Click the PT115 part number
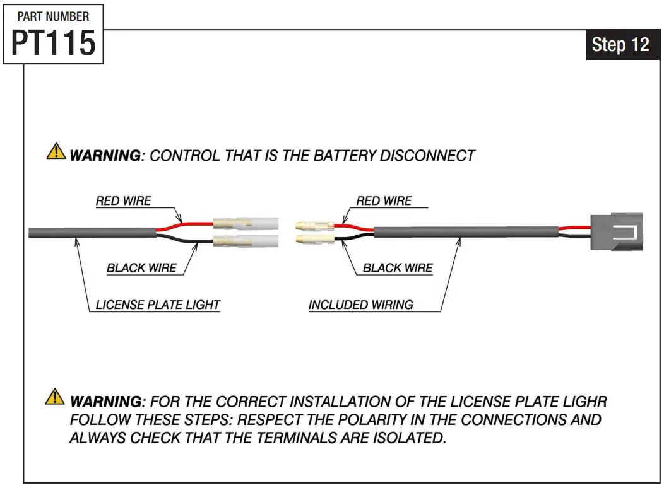click(54, 43)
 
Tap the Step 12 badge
click(620, 44)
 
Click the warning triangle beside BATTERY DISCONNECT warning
click(56, 151)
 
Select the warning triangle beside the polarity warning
click(55, 397)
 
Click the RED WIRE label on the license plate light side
click(123, 201)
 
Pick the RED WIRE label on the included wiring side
click(384, 201)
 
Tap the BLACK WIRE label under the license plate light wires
click(141, 268)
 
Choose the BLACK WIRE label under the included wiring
click(398, 268)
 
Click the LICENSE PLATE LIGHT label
click(158, 305)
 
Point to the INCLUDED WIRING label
click(361, 305)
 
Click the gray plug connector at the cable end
click(617, 232)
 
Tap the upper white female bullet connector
click(246, 223)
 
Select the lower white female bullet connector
click(246, 241)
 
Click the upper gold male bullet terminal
click(315, 225)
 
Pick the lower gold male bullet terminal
click(315, 240)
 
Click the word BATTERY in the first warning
click(344, 156)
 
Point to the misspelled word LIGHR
click(585, 402)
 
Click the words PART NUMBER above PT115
click(54, 16)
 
